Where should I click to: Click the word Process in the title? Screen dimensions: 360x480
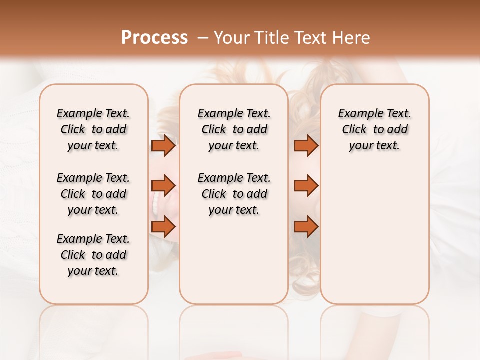click(x=154, y=37)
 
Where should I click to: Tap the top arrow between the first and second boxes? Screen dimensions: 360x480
click(x=163, y=146)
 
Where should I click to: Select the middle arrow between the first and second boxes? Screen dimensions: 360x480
click(x=163, y=186)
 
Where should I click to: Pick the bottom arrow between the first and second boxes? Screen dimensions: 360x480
click(x=163, y=227)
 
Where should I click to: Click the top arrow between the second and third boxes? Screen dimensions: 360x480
click(x=306, y=146)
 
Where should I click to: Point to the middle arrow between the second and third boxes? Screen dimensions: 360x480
click(x=306, y=186)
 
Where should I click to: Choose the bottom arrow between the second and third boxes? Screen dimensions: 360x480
click(x=306, y=227)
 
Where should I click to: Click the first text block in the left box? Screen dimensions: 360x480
click(x=93, y=129)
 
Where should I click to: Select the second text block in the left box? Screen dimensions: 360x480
click(x=93, y=194)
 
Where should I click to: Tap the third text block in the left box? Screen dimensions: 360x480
click(x=93, y=255)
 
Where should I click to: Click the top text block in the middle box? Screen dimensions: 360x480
click(x=234, y=129)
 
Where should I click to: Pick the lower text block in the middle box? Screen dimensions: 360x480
click(x=234, y=194)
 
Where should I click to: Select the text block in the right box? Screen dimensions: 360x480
click(x=374, y=129)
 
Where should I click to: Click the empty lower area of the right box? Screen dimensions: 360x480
click(x=374, y=235)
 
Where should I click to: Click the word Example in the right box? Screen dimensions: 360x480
click(x=356, y=114)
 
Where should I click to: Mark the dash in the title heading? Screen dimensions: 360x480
click(x=203, y=38)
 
